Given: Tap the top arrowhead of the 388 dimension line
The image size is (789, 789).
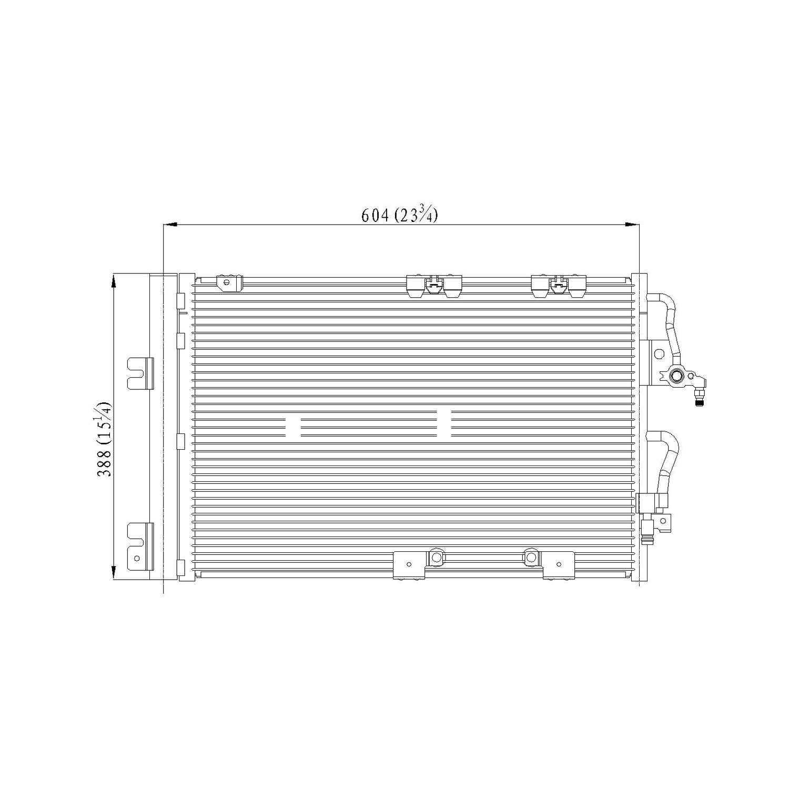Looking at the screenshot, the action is tap(114, 281).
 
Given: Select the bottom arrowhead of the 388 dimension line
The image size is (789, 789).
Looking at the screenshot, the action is tap(114, 573).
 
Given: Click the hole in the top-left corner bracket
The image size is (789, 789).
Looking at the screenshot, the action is tap(227, 282).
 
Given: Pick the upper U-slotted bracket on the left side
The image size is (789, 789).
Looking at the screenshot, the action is tap(140, 373).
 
